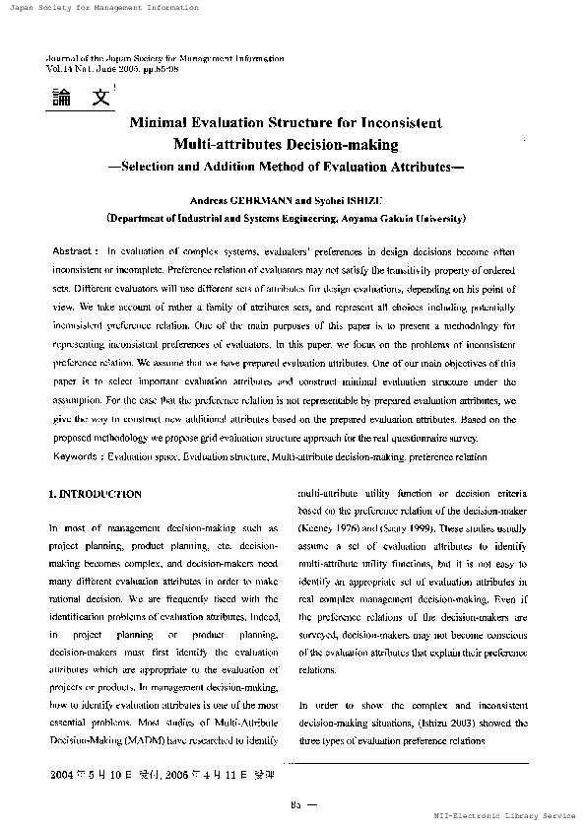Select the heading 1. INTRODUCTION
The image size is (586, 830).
95,493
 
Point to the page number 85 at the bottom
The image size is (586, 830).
294,804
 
